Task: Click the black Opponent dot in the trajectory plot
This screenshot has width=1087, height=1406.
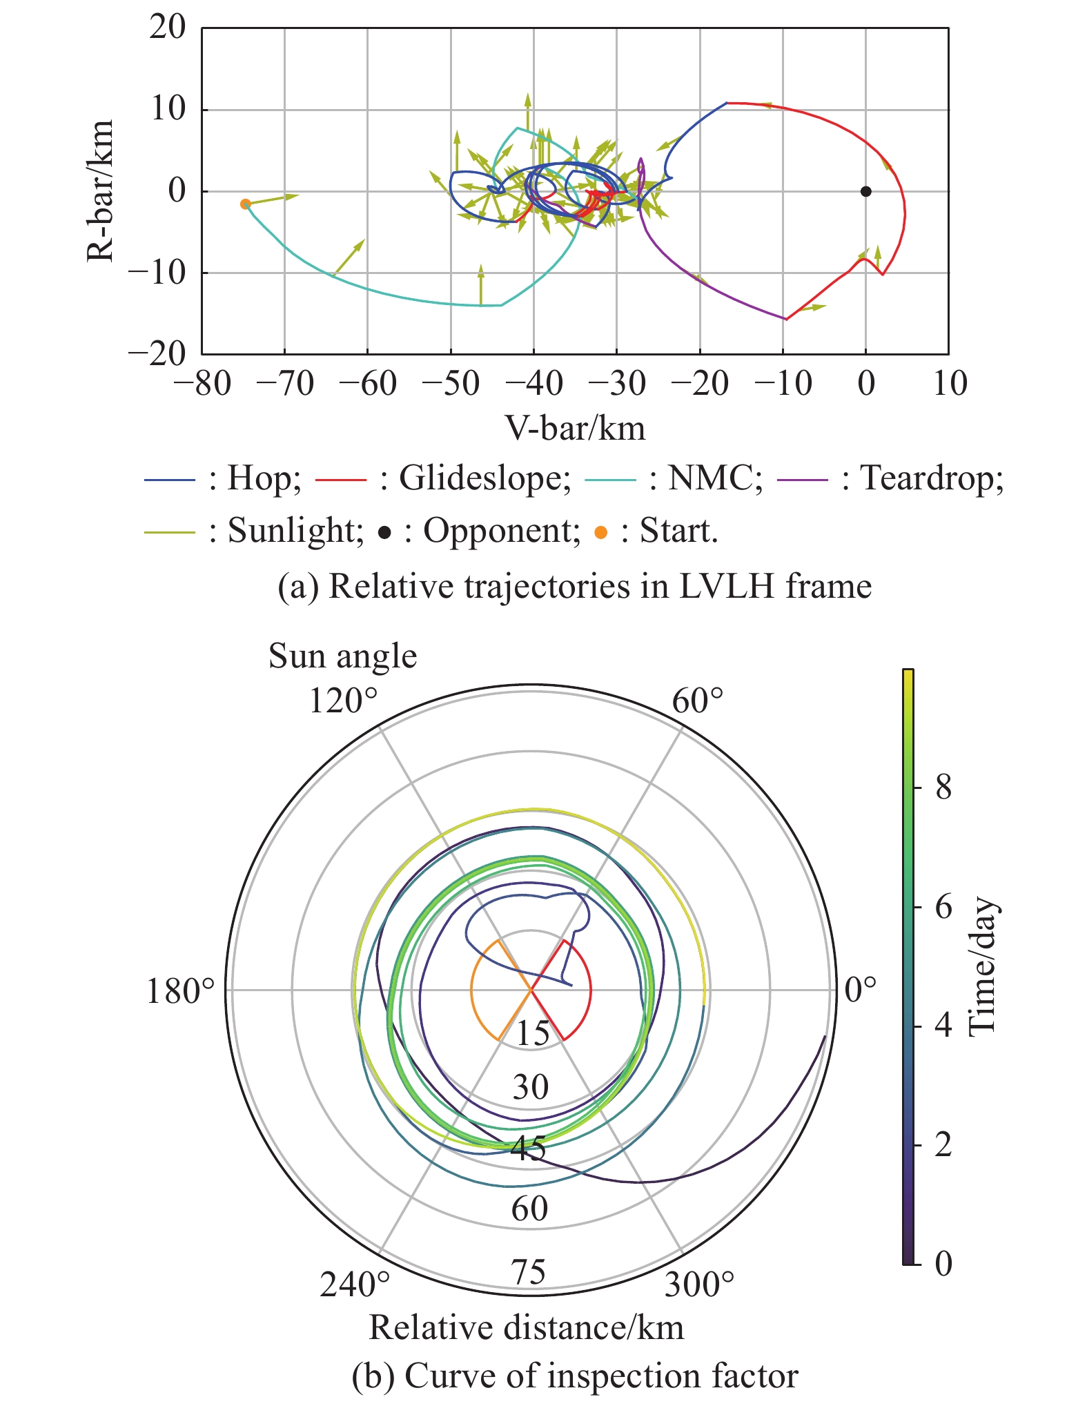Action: coord(865,191)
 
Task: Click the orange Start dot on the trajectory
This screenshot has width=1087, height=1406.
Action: coord(245,204)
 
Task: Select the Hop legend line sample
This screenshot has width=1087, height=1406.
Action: coord(170,479)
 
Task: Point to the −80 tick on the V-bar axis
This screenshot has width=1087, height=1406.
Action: coord(202,383)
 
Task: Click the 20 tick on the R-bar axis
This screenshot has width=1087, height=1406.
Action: coord(168,28)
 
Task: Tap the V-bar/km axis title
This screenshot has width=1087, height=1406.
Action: coord(575,429)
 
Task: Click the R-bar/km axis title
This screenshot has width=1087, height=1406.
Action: coord(101,191)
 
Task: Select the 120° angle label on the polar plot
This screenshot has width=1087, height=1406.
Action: coord(343,701)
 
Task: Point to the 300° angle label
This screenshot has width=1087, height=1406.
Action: coord(699,1285)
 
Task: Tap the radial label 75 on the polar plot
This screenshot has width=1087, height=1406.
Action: coord(529,1272)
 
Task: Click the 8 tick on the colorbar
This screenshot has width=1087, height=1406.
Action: coord(943,787)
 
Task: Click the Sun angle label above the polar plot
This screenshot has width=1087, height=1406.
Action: coord(342,656)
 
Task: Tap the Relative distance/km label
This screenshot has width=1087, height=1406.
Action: coord(527,1327)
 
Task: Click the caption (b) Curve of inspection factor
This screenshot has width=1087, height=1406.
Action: coord(574,1376)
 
